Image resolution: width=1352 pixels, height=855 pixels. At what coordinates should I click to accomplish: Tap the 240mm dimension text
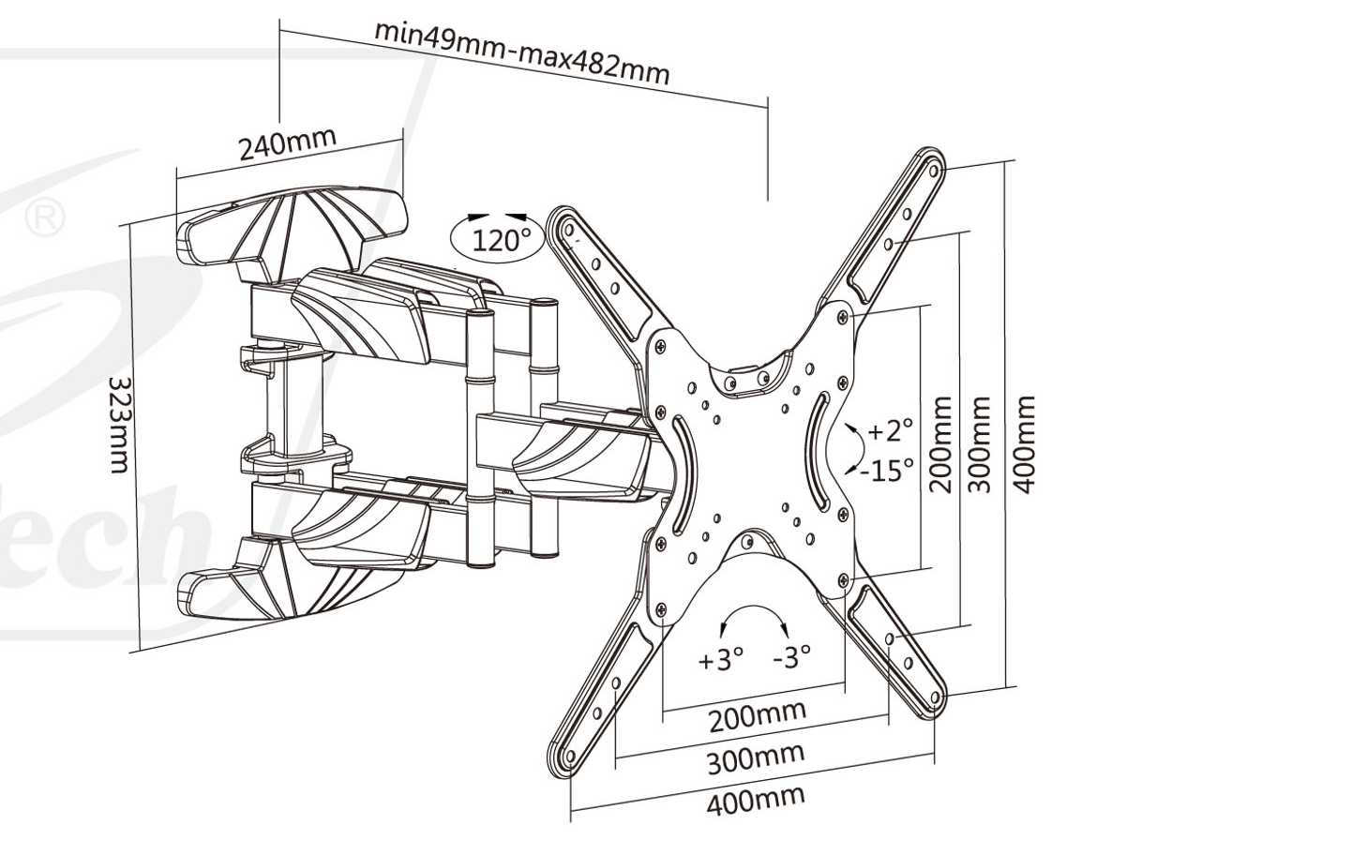click(287, 142)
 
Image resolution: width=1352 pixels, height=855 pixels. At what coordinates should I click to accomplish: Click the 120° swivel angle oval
click(498, 238)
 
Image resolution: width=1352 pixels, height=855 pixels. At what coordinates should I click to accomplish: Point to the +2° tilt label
click(889, 431)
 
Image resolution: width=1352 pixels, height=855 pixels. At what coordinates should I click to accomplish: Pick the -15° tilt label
click(887, 470)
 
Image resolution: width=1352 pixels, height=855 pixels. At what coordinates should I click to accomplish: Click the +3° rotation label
click(720, 659)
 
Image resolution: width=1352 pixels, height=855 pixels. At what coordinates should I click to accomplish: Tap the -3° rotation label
click(791, 657)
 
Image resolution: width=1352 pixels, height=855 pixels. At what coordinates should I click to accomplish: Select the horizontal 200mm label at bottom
click(757, 717)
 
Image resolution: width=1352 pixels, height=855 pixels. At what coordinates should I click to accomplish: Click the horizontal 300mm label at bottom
click(756, 758)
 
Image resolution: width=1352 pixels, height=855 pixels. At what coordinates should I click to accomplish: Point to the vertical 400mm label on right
click(1026, 443)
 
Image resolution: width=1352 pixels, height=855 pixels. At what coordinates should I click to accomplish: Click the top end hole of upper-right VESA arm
click(934, 171)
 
